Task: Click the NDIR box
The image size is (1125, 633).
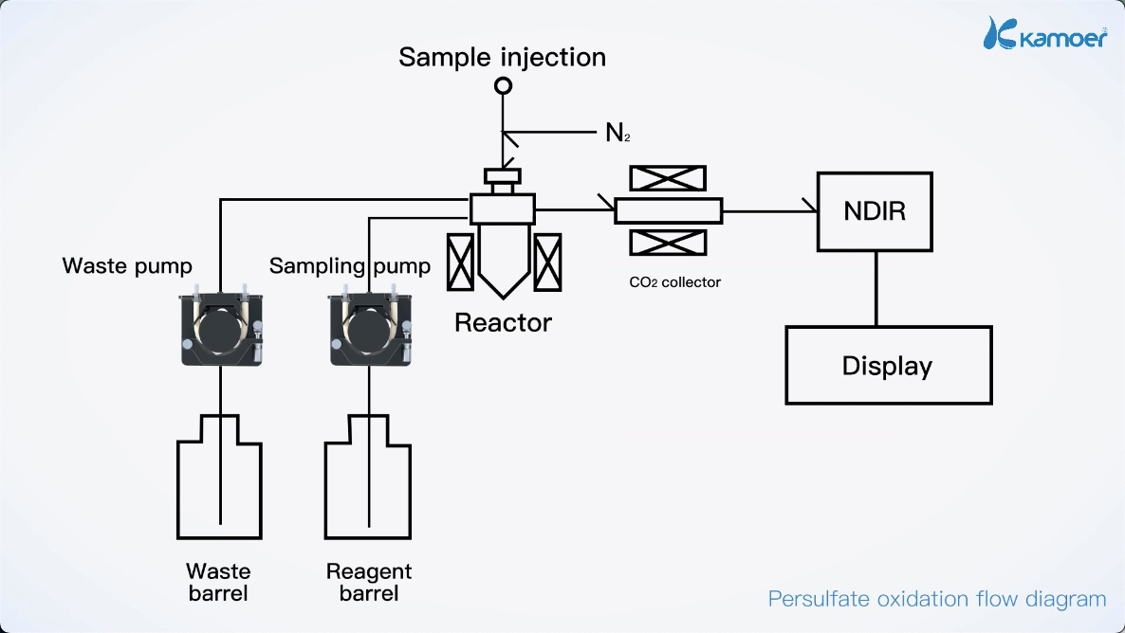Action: (x=874, y=211)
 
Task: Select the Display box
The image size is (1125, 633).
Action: (x=888, y=365)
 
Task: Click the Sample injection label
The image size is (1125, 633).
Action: (x=502, y=57)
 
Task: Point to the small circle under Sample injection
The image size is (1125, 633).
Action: (x=504, y=86)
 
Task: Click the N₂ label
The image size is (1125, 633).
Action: (x=618, y=134)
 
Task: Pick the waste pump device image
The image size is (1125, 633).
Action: (x=220, y=327)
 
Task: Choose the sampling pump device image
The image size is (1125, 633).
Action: (x=370, y=327)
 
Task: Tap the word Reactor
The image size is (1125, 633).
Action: (x=503, y=322)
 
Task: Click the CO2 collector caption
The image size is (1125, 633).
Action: (x=674, y=281)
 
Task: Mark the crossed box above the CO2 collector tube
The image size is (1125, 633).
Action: (x=668, y=178)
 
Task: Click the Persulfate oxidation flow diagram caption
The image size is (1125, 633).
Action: (x=936, y=599)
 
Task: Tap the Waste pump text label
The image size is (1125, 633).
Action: (x=127, y=265)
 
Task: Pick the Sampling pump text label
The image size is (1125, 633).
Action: (x=349, y=265)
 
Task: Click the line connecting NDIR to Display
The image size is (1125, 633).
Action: (x=875, y=288)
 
